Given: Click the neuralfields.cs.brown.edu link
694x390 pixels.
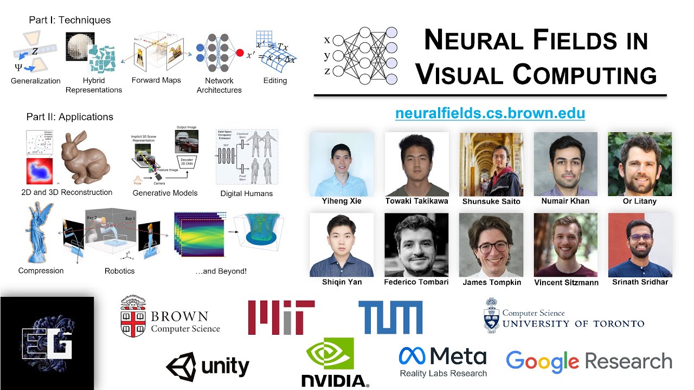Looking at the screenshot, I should coord(490,114).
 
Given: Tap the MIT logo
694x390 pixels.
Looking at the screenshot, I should coord(281,317).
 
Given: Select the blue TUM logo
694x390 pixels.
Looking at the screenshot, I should coord(390,317).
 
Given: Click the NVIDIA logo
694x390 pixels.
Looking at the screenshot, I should coord(335,362).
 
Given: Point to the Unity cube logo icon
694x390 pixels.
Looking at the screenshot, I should coord(181,367).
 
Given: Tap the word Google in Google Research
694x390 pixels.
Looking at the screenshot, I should coord(542,362).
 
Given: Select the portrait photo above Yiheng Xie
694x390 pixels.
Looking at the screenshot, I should coord(341,164).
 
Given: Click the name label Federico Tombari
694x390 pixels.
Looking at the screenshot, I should coord(416,282).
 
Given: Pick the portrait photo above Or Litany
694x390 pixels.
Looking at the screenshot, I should coord(640,164).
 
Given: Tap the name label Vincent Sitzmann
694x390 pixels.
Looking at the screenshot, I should coord(566,282).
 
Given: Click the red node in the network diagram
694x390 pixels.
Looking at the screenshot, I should coord(239,53).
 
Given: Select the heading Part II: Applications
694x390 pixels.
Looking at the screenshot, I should coord(70,117).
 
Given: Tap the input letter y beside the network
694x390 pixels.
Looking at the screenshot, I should coord(327,56).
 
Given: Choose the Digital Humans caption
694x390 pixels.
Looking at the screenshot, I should coord(247,193).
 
